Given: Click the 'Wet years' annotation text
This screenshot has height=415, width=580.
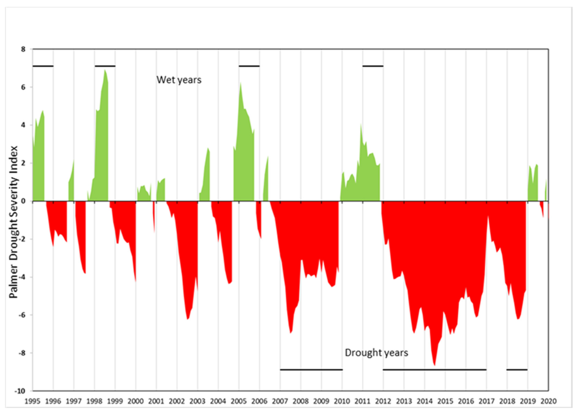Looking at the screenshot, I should (179, 80).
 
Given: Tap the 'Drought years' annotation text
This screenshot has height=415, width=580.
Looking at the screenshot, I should (376, 353).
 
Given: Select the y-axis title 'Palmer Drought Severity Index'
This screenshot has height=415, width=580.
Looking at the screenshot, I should (13, 222).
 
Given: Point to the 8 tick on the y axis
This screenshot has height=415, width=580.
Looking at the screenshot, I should (23, 49).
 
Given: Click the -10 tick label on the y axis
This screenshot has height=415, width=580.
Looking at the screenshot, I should (20, 391).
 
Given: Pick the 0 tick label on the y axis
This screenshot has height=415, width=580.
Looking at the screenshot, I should (24, 201).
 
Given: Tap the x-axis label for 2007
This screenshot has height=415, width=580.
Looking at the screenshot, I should (280, 401).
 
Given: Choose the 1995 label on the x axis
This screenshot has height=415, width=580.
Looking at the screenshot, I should (32, 401).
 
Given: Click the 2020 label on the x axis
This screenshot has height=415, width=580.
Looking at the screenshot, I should (548, 401).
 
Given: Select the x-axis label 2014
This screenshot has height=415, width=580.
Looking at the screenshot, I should (425, 401).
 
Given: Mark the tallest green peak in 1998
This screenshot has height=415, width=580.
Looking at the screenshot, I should (105, 70).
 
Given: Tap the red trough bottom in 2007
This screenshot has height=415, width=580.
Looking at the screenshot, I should (291, 332).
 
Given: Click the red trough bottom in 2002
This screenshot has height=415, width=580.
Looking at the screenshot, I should (188, 319).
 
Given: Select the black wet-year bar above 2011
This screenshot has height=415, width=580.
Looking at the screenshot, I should (373, 66).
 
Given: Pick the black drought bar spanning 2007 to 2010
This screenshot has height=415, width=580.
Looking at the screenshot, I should (311, 370).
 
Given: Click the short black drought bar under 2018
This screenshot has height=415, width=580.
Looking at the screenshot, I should (517, 370).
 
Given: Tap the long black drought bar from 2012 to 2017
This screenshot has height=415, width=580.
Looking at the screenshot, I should (434, 370).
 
